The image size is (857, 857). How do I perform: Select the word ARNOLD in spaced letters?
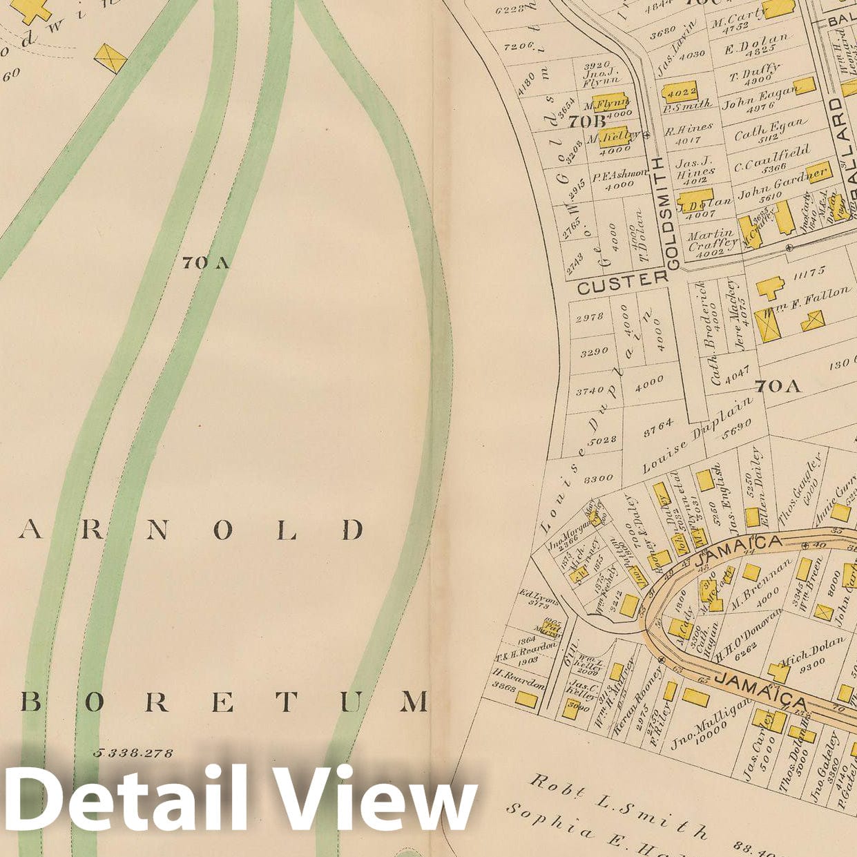pyautogui.click(x=191, y=530)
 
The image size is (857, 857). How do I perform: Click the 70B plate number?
pyautogui.click(x=580, y=122)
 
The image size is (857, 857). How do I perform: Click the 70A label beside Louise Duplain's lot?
pyautogui.click(x=778, y=385)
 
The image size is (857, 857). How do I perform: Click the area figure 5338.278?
pyautogui.click(x=133, y=752)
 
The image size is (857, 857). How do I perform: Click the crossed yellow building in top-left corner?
pyautogui.click(x=110, y=58)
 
